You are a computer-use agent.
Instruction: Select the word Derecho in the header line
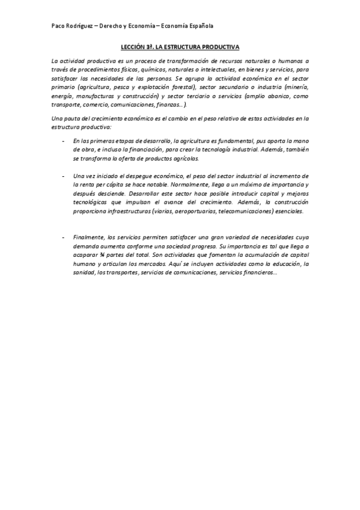click(123, 26)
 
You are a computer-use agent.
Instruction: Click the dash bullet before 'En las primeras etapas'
click(64, 141)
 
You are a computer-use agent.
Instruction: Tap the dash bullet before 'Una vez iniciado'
click(64, 175)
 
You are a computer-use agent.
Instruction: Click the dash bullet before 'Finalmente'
click(64, 238)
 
